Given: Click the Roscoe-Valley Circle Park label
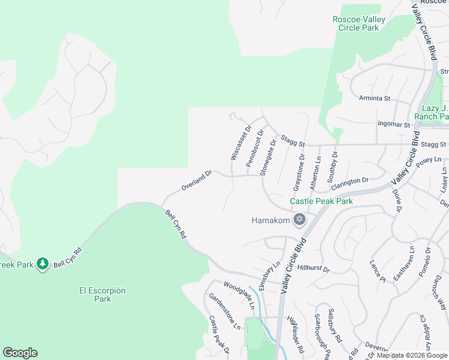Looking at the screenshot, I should pos(359,23).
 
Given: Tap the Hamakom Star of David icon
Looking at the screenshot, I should pos(300,220).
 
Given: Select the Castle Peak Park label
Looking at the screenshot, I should pos(321,202).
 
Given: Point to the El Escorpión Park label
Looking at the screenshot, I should pos(103,295).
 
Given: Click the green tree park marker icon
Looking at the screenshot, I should pos(42,263).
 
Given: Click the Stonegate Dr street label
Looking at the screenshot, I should pos(268,157).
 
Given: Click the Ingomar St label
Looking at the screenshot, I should pos(393,125).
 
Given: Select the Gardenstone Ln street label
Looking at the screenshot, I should pos(224,311).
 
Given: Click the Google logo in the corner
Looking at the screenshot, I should pos(20,353).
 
